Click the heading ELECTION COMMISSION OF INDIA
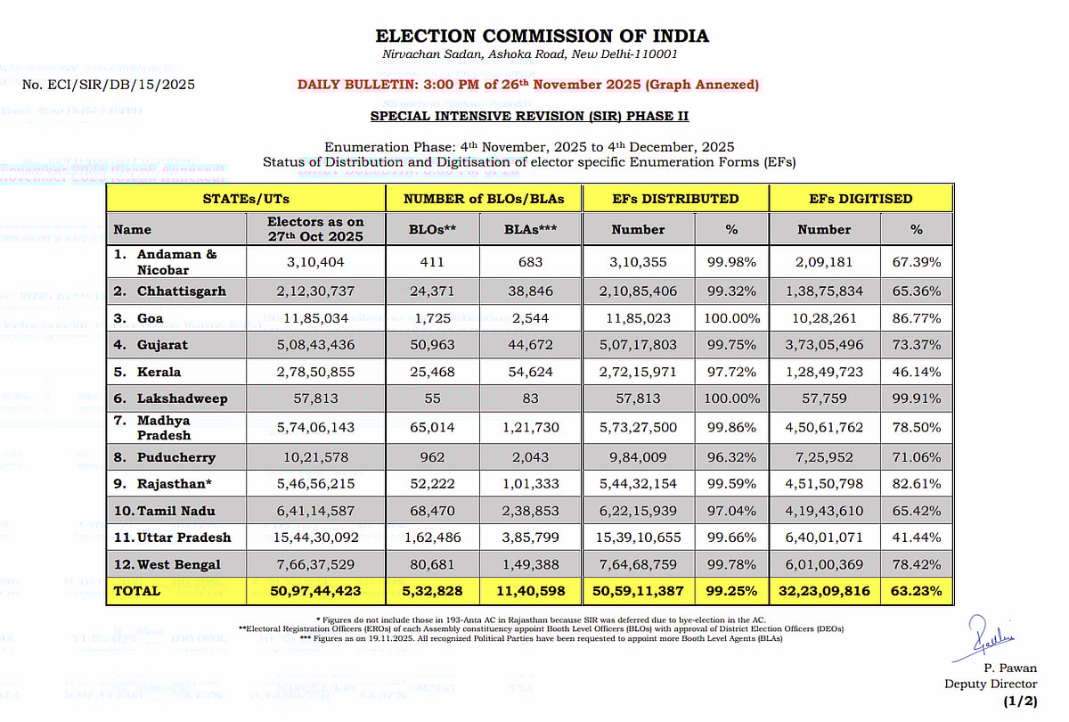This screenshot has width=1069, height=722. point(542,37)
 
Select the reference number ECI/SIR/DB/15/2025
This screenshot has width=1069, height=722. point(109,85)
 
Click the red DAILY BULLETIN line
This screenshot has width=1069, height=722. point(527,85)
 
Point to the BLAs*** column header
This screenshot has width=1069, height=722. point(531,229)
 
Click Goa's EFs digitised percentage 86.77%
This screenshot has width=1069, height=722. point(917,318)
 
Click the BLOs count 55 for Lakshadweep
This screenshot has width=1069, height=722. point(432,398)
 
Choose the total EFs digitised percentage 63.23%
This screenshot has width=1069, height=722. point(917,590)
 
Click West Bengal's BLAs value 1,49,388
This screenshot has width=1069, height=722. point(531,564)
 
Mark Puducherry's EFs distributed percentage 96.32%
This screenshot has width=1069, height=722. point(730,457)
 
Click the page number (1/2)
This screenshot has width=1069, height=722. point(1019,701)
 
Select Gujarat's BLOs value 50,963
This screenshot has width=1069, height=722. point(432,345)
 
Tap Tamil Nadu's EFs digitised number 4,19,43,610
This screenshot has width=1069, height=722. point(824,511)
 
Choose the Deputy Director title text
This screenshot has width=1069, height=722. point(991,684)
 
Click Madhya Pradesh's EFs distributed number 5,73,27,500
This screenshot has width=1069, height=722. point(638,428)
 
